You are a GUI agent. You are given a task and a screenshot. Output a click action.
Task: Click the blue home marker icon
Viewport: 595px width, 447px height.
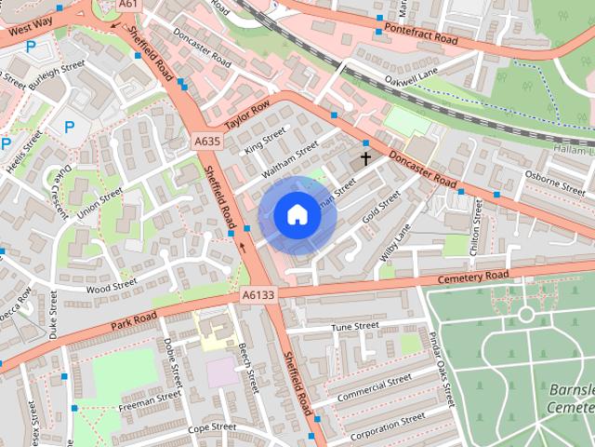tap(297, 215)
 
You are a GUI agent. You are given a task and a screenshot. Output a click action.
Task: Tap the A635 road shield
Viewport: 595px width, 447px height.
tap(207, 142)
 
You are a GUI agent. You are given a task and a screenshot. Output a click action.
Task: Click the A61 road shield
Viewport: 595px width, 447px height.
tap(128, 5)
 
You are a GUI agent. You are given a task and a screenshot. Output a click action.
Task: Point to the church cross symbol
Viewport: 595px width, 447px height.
tap(365, 158)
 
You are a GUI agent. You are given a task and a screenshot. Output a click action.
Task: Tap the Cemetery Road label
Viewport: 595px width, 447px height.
tap(474, 278)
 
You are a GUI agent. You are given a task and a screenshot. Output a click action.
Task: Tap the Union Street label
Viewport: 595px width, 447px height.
tap(99, 204)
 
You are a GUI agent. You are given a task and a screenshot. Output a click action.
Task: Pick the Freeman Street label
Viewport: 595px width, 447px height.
tap(150, 401)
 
